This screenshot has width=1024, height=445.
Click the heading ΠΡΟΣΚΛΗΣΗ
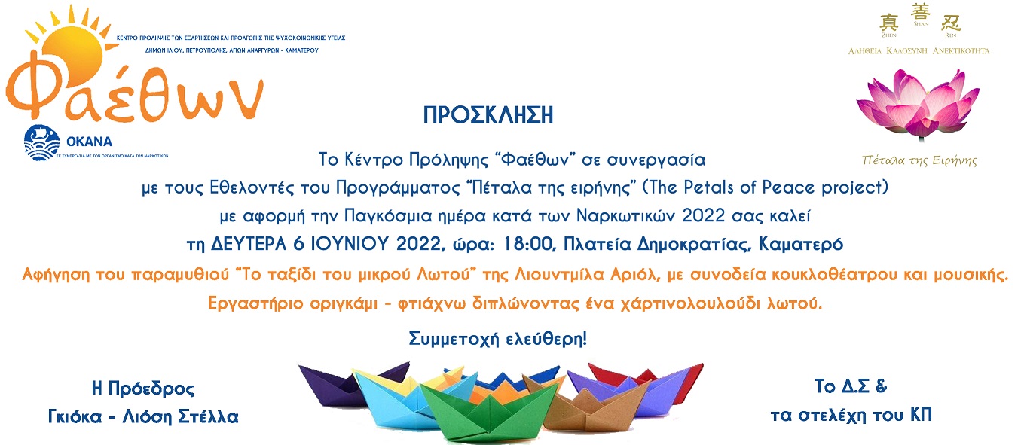[488, 115]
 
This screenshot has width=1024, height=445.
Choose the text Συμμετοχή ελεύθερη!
[497, 338]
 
